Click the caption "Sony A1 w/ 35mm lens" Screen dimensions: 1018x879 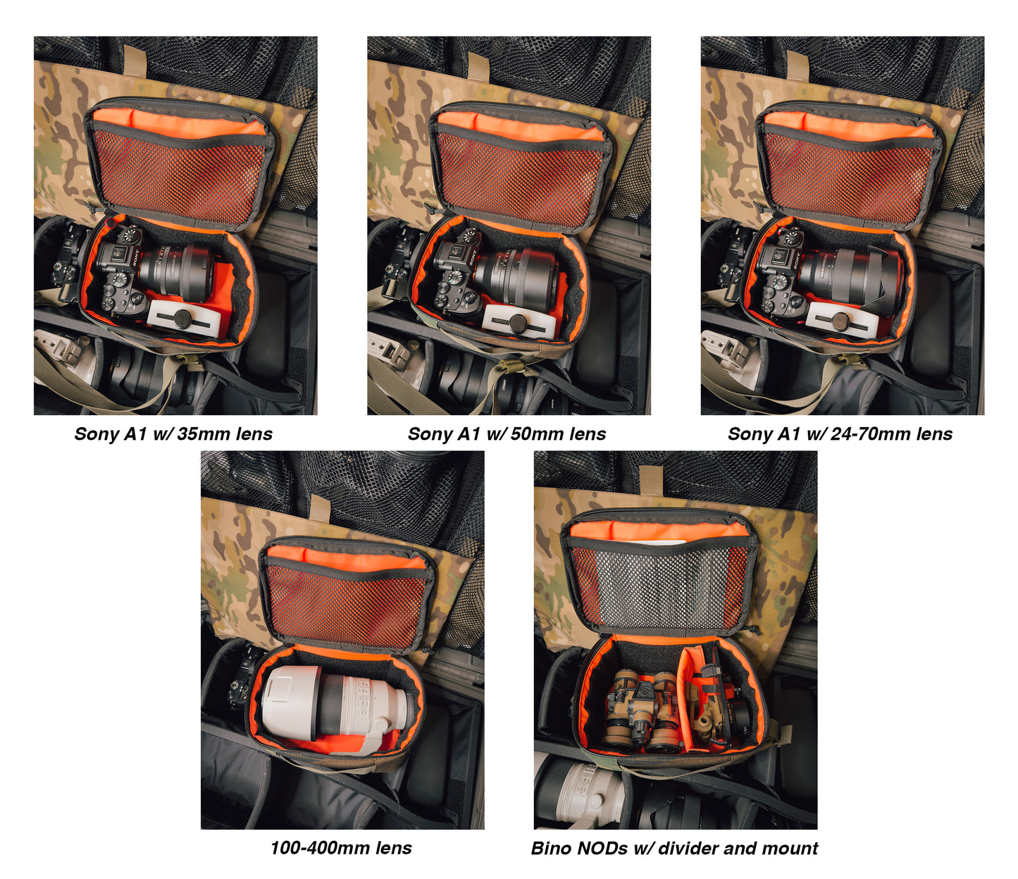173,434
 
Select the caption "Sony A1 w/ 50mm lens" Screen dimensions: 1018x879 507,434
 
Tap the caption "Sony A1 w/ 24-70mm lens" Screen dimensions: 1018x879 840,434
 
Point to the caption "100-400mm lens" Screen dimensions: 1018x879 341,848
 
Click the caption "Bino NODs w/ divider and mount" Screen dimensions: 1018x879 675,848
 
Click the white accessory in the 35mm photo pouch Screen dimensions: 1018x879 184,318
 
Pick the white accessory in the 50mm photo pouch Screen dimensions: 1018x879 516,322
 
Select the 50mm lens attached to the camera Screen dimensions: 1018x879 515,276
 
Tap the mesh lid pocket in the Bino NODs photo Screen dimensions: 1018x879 659,586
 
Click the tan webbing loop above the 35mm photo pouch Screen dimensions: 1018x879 135,61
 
